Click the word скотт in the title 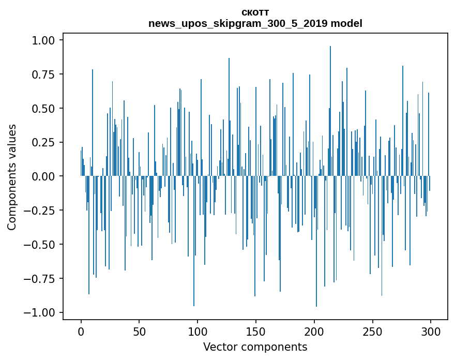255,13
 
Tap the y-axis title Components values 12,176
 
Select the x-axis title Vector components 255,347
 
